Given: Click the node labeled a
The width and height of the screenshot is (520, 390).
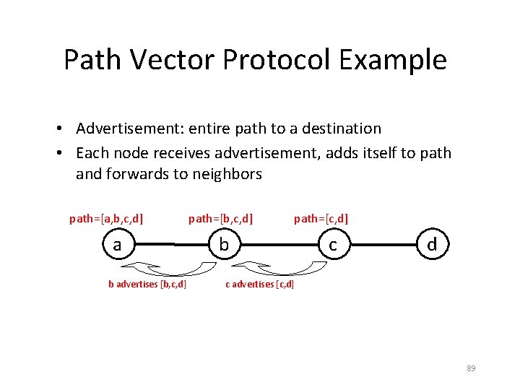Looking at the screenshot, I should click(117, 245).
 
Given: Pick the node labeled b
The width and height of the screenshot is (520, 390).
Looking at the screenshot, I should click(225, 245).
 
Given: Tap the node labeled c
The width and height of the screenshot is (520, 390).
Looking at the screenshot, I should click(332, 245).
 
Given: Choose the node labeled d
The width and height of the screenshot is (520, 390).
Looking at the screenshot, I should click(432, 245).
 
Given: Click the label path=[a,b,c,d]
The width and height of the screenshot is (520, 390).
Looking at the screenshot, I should click(105, 217).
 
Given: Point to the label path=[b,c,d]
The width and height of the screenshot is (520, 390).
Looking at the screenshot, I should click(220, 217).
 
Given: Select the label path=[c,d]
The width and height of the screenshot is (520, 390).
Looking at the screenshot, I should click(321, 217).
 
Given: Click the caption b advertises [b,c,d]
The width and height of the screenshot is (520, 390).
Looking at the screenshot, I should click(147, 284).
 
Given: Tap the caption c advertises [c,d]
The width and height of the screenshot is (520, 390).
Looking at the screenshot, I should click(260, 284).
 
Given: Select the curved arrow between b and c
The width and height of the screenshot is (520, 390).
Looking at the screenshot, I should click(278, 268).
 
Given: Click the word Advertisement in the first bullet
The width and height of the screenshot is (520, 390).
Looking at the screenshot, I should click(129, 129).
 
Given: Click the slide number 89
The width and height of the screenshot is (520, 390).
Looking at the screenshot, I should click(471, 368).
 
